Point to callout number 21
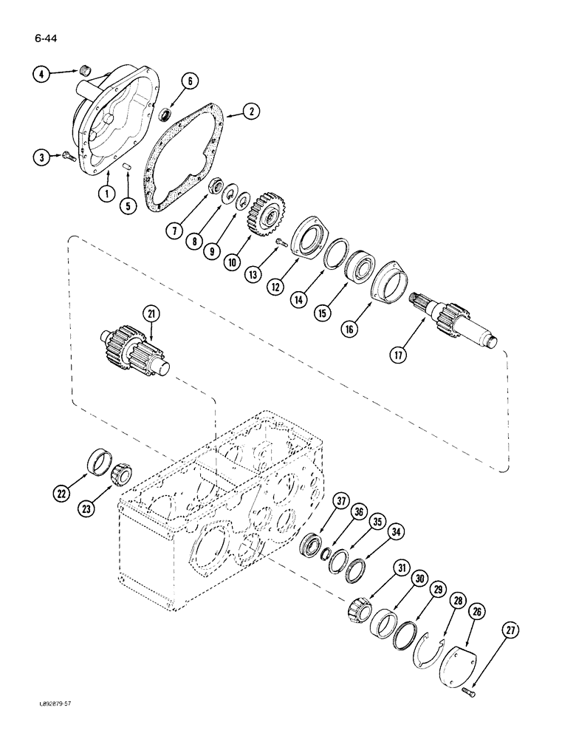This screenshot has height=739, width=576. tap(151, 315)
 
